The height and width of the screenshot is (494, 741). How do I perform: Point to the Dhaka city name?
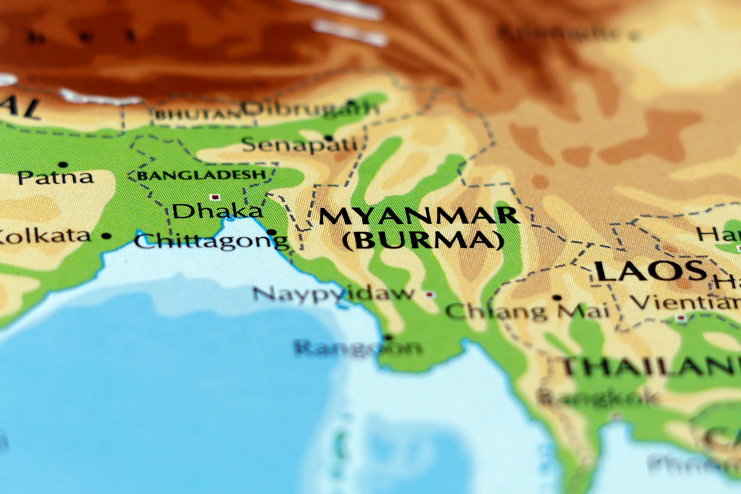217,211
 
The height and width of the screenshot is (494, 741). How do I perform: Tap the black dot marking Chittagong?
272,232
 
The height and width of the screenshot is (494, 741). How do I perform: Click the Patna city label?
56,178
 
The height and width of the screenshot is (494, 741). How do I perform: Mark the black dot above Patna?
63,164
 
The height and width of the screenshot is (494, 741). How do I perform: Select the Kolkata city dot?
107,236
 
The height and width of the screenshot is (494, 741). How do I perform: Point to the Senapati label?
299,145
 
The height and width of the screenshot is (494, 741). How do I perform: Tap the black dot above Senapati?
329,138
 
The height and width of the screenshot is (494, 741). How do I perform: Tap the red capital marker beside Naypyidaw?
429,295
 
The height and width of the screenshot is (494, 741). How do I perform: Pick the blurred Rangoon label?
357,348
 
